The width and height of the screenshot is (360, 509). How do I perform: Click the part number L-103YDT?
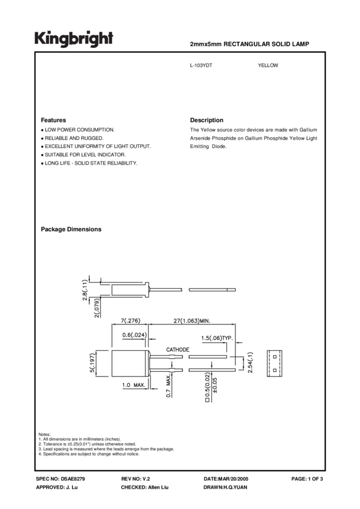point(200,65)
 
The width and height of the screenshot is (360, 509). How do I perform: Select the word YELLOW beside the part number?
point(268,65)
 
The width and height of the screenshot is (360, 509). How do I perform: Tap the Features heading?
point(53,120)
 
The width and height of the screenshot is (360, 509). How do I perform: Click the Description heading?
point(206,120)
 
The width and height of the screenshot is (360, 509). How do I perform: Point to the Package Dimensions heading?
point(71,229)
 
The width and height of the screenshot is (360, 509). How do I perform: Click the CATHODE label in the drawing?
point(177,349)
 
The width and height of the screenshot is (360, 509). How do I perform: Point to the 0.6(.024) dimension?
point(135,335)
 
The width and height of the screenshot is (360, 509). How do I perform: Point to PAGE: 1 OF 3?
point(307,480)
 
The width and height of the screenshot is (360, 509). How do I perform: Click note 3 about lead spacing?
point(106,449)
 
